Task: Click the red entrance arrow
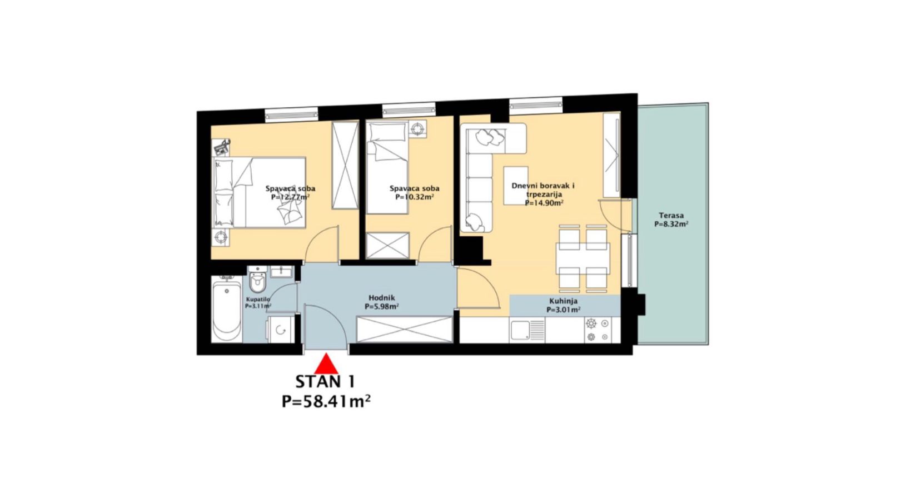(326, 364)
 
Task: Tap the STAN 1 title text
(326, 382)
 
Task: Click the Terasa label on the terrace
(671, 216)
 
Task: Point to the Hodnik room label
(381, 298)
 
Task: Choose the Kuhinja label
(563, 301)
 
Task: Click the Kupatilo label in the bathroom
(258, 300)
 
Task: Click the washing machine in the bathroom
(281, 330)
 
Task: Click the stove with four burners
(598, 330)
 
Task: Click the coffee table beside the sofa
(516, 186)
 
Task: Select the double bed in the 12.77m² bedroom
(259, 192)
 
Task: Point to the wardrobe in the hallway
(405, 330)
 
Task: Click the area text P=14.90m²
(544, 203)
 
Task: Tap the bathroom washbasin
(281, 272)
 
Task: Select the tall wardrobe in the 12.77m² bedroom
(345, 165)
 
